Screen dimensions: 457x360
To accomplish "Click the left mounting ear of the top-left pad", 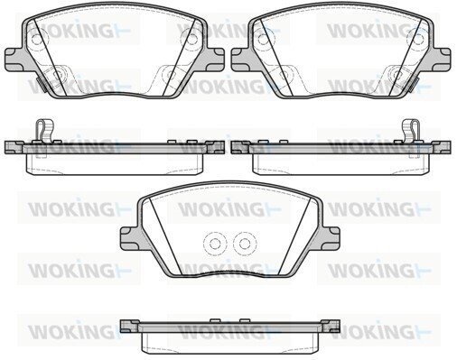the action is [14, 60].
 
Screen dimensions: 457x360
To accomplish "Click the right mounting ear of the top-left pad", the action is [216, 60].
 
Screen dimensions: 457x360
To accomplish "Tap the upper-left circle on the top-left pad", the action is [37, 39].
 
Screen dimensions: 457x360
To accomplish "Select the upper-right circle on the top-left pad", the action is [191, 39].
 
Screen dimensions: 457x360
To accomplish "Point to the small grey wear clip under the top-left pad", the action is [41, 85].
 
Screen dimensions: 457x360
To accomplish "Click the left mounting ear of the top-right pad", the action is [240, 60].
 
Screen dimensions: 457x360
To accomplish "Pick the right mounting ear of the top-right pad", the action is [442, 60].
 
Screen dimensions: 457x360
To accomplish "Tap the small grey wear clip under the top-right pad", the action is [415, 85].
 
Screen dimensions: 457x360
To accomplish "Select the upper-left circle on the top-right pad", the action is [264, 39].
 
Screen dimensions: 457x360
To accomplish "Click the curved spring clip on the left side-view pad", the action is [44, 130].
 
